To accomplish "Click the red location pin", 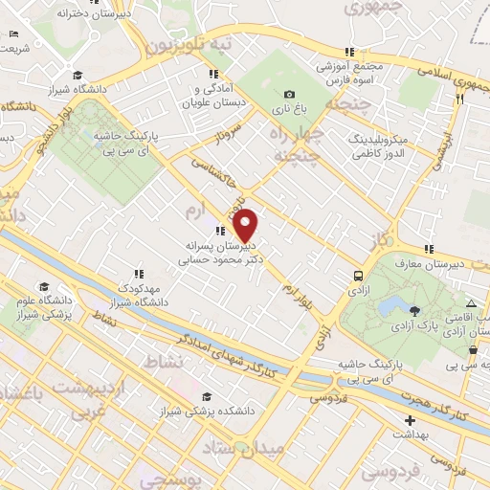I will (246, 225).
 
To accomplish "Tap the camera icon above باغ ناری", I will (289, 94).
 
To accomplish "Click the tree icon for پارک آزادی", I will (414, 310).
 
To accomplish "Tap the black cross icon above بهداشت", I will (410, 420).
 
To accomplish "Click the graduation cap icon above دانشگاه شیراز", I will (78, 76).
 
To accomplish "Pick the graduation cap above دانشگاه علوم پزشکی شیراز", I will (43, 286).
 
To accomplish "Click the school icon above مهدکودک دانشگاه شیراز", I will (139, 273).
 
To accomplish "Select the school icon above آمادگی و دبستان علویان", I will (210, 74).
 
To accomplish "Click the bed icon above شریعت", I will (11, 34).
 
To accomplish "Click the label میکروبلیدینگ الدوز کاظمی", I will (377, 146).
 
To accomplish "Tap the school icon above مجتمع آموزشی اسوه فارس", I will (351, 52).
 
